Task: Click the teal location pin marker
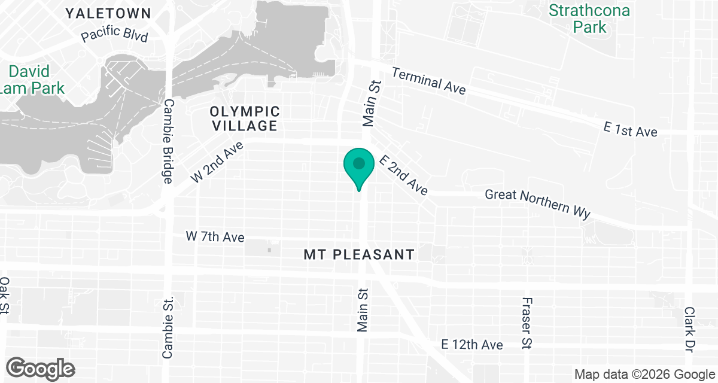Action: click(358, 166)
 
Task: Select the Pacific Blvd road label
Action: click(114, 35)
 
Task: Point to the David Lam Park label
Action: click(36, 80)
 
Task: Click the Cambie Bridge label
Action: click(168, 141)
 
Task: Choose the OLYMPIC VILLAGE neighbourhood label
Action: click(244, 118)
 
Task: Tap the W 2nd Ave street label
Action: click(217, 162)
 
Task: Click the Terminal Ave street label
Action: click(428, 81)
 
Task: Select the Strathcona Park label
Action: click(581, 19)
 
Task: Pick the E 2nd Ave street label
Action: click(404, 175)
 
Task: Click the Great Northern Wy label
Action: click(537, 203)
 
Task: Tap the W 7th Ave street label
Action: click(215, 237)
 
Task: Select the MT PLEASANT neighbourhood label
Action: click(359, 254)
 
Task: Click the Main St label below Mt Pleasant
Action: click(363, 309)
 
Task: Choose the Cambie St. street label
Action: click(168, 327)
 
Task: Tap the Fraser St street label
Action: click(527, 323)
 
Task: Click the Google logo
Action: click(41, 368)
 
